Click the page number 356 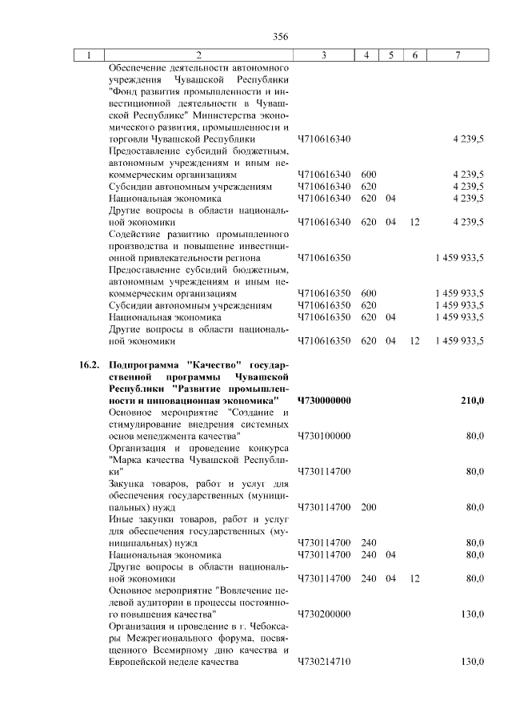280,36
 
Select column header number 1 90,55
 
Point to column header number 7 457,55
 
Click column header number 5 391,55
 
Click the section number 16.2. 89,365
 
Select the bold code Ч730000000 324,400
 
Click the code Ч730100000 324,435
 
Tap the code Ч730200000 324,614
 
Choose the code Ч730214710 324,662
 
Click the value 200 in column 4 369,507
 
